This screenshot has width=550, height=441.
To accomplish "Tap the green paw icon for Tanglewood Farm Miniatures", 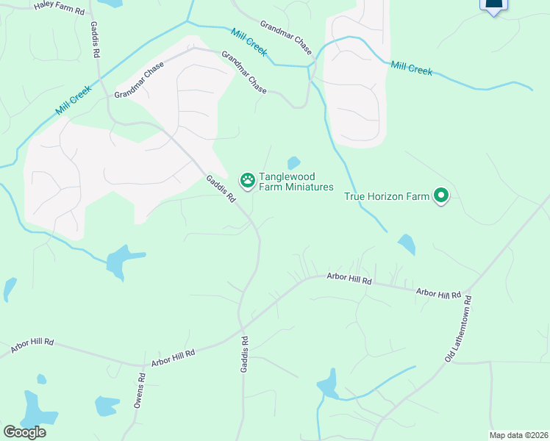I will click(248, 179).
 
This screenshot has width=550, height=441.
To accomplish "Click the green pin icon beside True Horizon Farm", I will click(441, 196).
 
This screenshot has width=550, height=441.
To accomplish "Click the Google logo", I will click(24, 432).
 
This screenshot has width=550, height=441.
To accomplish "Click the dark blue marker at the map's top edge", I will click(493, 6).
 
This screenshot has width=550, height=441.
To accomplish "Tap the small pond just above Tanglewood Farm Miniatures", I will click(293, 162).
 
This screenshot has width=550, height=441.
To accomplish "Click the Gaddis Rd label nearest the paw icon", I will click(220, 188).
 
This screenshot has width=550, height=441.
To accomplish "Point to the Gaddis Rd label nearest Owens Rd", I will click(244, 354).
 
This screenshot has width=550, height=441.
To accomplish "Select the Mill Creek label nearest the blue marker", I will click(412, 68).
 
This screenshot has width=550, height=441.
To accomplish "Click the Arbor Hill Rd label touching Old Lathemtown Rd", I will click(438, 293).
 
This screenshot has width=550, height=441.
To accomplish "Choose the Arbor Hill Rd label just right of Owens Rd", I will click(173, 358).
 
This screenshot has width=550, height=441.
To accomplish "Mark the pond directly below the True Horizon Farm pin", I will click(406, 244).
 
